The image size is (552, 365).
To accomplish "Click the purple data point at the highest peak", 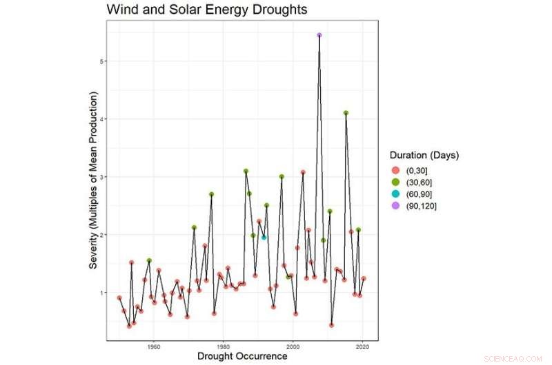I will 319,34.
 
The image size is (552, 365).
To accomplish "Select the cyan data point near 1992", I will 264,238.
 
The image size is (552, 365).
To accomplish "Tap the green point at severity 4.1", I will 346,113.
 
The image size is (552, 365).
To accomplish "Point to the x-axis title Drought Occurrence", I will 241,357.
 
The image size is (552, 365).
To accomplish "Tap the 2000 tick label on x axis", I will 293,346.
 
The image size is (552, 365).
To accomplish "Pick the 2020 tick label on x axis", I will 363,346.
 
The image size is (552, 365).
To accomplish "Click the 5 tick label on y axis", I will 100,61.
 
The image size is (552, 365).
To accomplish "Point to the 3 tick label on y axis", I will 100,177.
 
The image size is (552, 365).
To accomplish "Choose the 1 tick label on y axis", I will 100,293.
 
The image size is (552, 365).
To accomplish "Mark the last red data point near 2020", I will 364,278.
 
